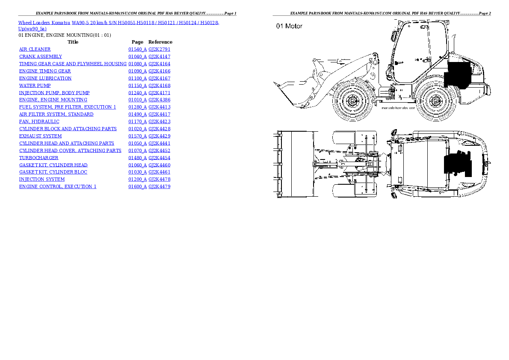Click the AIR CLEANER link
(35, 50)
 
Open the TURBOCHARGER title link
(38, 158)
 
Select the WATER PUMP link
(35, 86)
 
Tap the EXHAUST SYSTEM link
(40, 136)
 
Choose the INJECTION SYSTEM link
(41, 179)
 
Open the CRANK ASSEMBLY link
(40, 56)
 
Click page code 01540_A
(137, 50)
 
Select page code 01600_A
(137, 186)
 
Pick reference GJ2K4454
(159, 158)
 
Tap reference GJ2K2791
(159, 50)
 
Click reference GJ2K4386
(159, 100)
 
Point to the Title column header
(73, 42)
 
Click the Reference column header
(160, 42)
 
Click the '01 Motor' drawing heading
(289, 26)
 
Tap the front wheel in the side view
(352, 101)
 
